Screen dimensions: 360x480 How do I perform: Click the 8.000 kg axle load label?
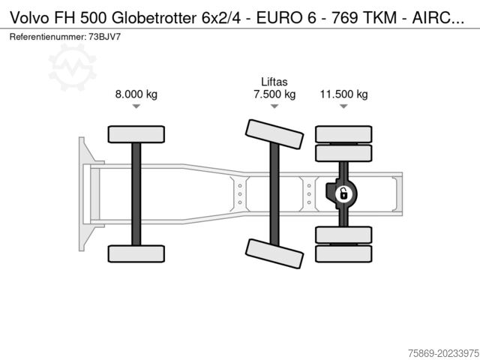[136, 94]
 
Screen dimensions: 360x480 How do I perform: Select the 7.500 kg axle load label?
[274, 94]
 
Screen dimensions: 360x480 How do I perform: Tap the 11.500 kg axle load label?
[343, 94]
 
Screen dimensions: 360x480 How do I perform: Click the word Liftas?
[274, 82]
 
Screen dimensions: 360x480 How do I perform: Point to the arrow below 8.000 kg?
[136, 107]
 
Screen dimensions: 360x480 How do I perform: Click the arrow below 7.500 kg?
[274, 107]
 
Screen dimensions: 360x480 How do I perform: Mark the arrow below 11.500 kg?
[343, 107]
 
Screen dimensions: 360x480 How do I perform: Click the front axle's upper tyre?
[136, 134]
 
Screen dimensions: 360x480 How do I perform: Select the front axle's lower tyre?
[136, 253]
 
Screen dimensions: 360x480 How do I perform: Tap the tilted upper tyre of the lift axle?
[274, 135]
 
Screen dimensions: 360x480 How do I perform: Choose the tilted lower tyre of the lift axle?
[274, 253]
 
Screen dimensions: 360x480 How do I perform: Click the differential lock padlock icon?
[343, 194]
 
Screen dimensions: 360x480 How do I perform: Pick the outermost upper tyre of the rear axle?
[343, 134]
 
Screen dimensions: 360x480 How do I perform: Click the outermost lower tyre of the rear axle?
[343, 254]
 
